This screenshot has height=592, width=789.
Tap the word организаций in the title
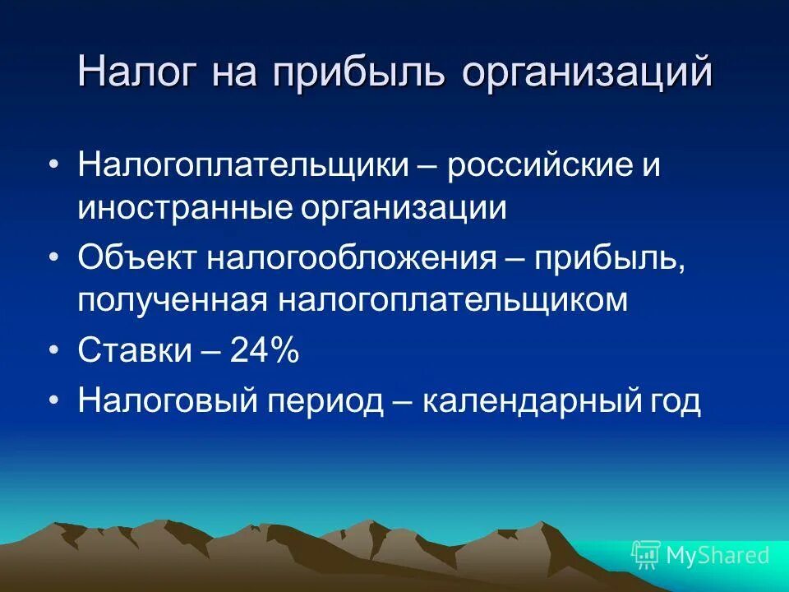[x=586, y=72]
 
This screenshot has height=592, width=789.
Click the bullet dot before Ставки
[x=54, y=351]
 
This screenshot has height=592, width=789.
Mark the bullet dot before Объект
[x=54, y=259]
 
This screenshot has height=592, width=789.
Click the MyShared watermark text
[x=717, y=555]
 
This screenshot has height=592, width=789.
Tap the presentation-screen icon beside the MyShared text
[x=646, y=555]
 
